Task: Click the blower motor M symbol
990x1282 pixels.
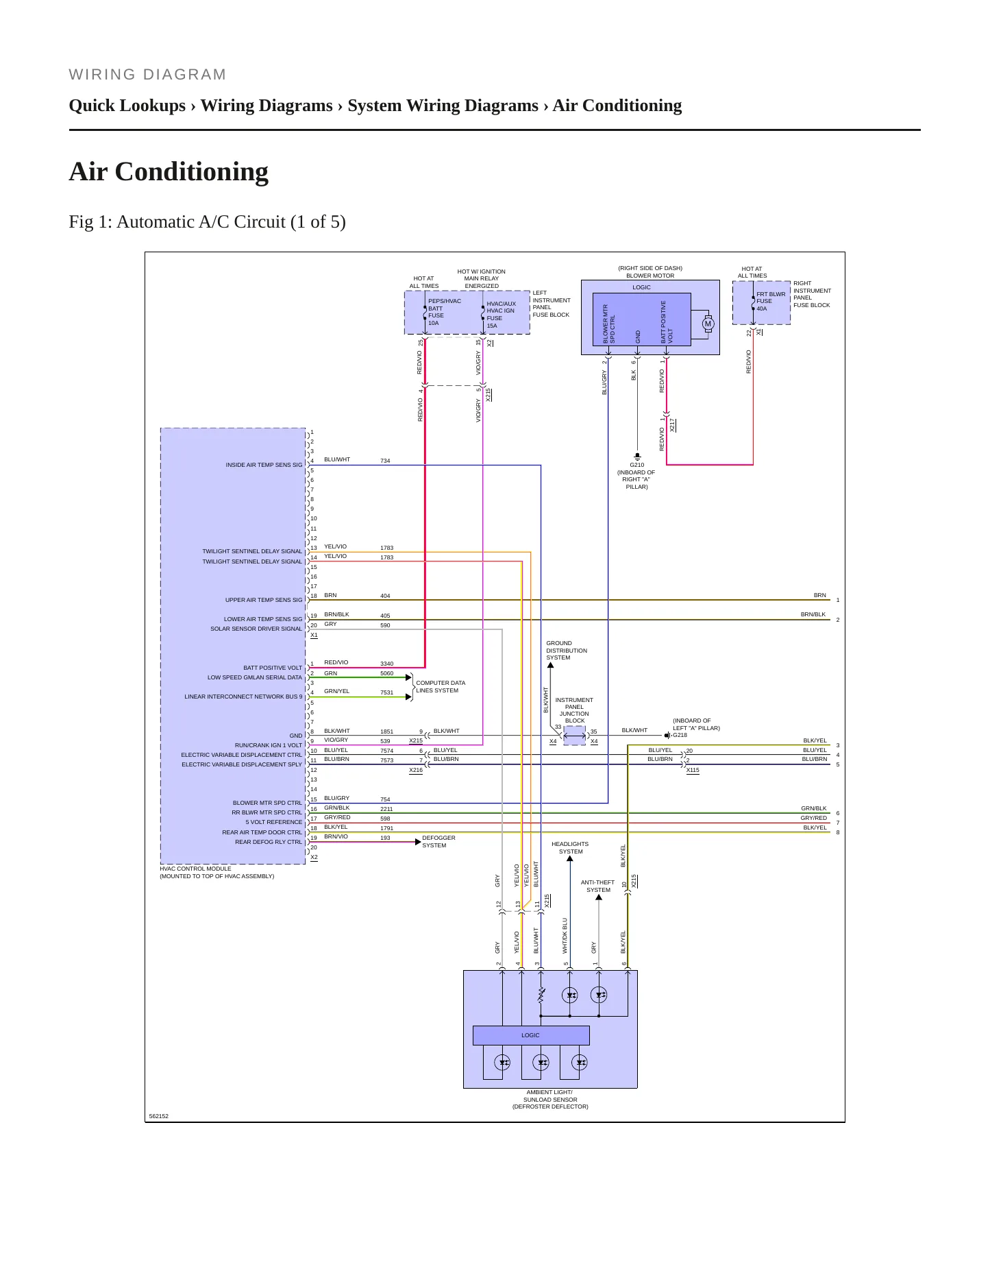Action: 708,324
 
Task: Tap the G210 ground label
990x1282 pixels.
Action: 637,465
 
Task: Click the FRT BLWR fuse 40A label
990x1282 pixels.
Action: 771,302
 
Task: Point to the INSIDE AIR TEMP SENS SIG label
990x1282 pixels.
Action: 264,465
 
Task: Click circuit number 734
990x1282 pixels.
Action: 385,461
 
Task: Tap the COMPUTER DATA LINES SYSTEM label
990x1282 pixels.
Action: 441,687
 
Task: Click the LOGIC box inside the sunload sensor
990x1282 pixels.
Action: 531,1035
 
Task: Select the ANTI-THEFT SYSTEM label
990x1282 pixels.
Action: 598,886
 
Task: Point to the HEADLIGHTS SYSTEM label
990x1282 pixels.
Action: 570,848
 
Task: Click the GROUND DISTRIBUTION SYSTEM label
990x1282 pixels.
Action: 567,651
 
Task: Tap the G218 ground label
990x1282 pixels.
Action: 680,735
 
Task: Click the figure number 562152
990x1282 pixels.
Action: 159,1116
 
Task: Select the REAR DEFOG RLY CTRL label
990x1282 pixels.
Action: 269,842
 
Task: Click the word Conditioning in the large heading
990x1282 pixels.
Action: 192,171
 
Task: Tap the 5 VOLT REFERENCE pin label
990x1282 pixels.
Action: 274,822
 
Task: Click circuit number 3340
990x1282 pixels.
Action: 387,664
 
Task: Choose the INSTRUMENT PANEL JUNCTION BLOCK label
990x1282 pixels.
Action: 574,710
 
